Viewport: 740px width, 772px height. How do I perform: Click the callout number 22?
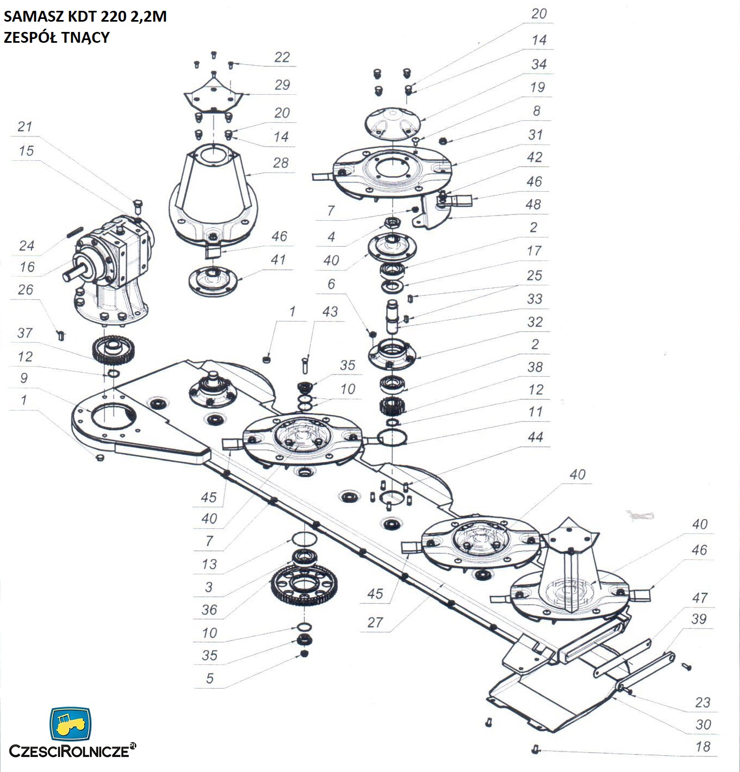pos(282,57)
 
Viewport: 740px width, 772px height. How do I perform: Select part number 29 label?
pos(282,85)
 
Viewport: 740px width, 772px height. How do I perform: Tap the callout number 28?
pos(280,163)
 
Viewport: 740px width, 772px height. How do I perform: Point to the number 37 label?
pos(25,333)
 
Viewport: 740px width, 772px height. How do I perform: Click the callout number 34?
pos(538,64)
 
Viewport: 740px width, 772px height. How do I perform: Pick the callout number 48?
pos(533,205)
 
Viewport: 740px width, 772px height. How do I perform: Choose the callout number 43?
pos(329,312)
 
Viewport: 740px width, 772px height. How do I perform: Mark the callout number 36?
pos(209,610)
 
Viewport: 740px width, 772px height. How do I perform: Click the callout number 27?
pos(375,623)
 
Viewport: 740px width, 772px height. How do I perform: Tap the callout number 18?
pos(702,747)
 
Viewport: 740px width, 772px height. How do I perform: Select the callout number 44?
pos(535,437)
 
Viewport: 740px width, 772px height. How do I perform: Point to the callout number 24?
pos(27,246)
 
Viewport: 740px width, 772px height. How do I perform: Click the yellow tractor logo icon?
pos(70,723)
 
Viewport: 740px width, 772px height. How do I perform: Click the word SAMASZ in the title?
pos(34,16)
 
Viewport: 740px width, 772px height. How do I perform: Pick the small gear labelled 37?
pos(113,350)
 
